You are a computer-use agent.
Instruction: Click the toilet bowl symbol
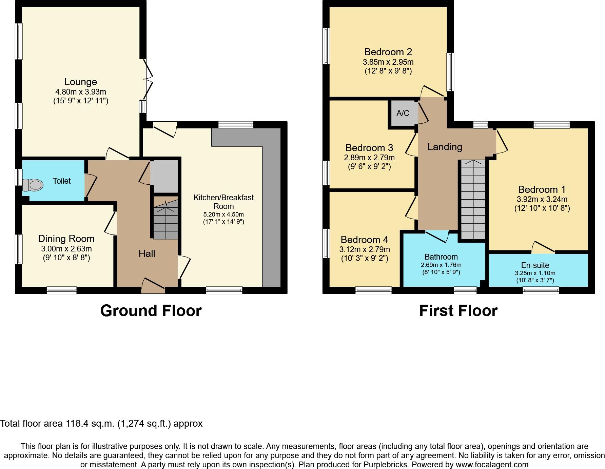(33, 185)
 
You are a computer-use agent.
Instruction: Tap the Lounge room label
(81, 82)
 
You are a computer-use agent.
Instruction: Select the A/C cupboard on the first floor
(403, 113)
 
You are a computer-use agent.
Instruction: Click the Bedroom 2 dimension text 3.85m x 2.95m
(388, 62)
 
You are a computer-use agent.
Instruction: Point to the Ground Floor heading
(151, 311)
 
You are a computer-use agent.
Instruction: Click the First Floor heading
(458, 311)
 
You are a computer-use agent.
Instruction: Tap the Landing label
(445, 147)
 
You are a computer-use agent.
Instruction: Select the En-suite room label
(535, 265)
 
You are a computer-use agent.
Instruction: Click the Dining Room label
(66, 239)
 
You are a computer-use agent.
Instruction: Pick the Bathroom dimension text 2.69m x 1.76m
(441, 265)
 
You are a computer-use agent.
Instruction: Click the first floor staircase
(473, 200)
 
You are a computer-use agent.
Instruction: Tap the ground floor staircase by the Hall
(166, 219)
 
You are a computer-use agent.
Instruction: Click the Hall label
(147, 253)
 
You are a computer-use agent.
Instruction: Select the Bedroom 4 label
(364, 240)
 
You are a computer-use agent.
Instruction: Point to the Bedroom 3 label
(369, 148)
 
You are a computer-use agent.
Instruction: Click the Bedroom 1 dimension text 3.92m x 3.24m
(542, 199)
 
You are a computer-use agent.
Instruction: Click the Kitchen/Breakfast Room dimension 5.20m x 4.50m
(223, 215)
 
